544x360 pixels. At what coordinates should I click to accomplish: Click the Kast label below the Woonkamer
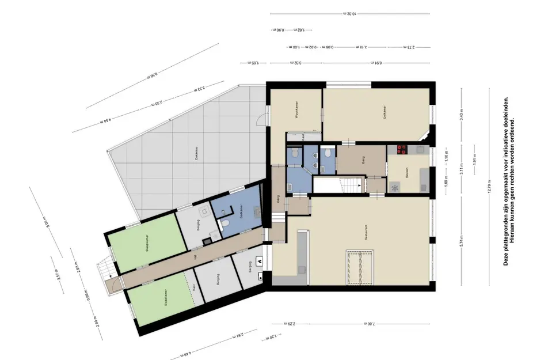(303, 137)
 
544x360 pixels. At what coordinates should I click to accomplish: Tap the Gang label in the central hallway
(364, 162)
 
